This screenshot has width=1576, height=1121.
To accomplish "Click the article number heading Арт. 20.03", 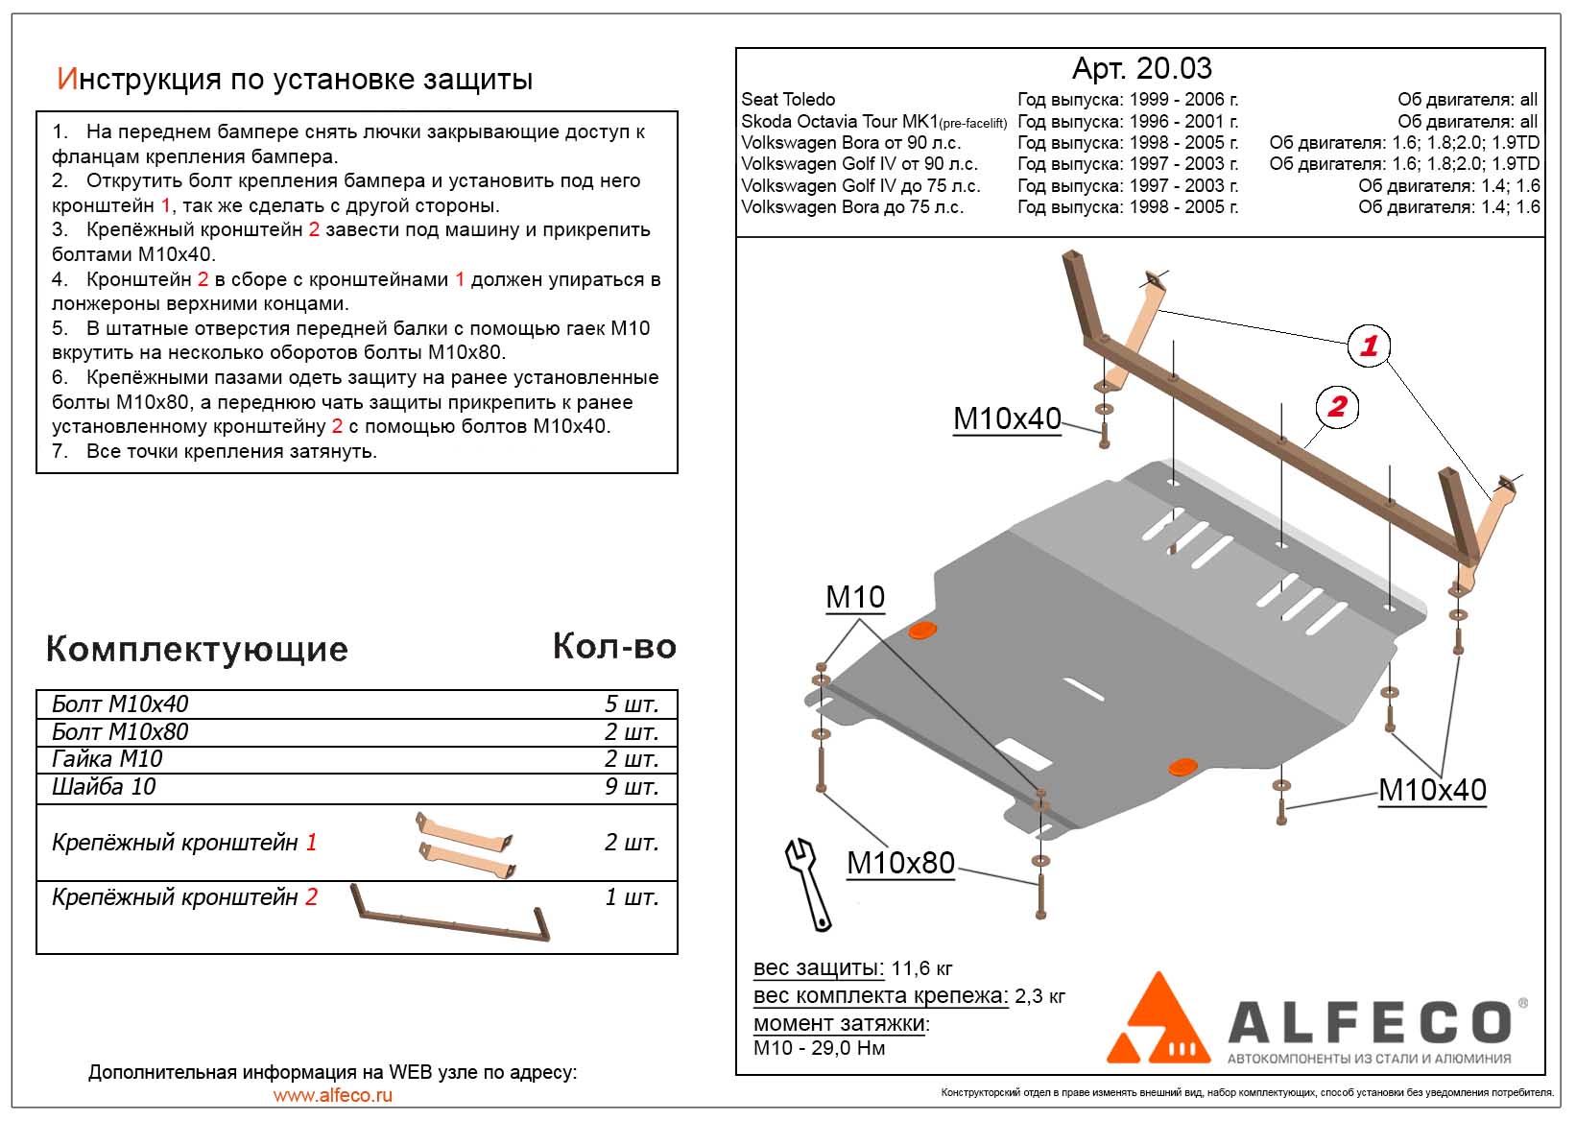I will pos(1141,68).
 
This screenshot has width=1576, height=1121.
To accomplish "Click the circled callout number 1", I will pos(1369,346).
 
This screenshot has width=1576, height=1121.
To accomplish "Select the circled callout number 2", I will pos(1337,406).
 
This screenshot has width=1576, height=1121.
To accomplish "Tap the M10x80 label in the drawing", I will pos(900,863).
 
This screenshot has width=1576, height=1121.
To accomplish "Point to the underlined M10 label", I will pos(854,598).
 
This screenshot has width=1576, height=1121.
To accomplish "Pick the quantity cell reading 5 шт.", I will pos(631,704).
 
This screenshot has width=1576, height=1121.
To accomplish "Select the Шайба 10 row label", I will pos(104,787).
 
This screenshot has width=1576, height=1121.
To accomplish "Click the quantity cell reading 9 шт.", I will pos(631,787).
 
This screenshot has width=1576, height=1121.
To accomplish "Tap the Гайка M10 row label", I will pos(107,759).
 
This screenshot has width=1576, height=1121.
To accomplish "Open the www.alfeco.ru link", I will pos(332,1095).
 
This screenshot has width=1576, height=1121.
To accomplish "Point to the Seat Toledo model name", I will pos(788,100).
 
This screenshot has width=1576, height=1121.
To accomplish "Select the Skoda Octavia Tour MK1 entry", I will pos(873,122).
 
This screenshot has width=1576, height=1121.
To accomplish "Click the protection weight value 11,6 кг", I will pos(921,967).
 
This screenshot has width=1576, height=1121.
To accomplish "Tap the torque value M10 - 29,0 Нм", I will pos(819,1048).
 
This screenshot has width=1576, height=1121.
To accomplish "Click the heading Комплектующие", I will pos(197,650).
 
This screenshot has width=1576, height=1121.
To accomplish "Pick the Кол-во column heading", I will pos(614,647).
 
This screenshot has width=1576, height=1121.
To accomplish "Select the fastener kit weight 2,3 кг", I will pos(1039,996).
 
